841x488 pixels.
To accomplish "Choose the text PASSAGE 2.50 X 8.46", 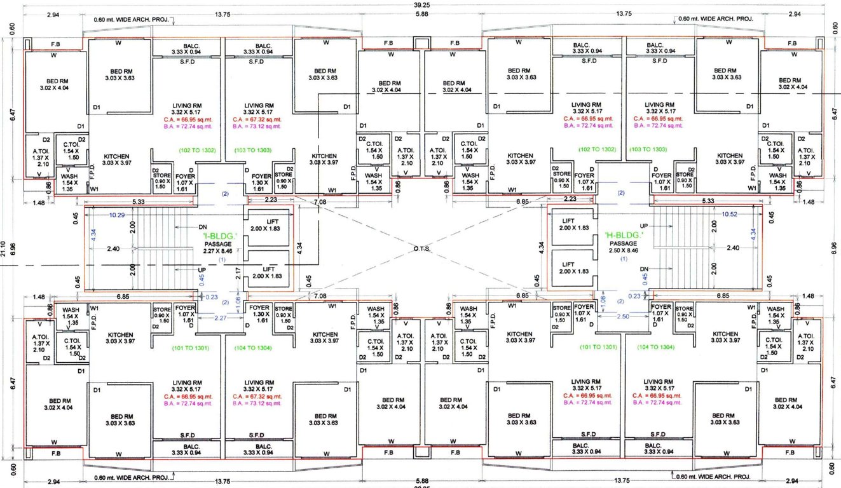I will pos(624,247).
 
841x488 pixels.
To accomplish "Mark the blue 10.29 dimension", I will pos(116,215).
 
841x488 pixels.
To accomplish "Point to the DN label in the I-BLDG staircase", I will pos(203,226).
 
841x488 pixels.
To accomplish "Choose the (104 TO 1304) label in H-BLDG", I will pos(656,348).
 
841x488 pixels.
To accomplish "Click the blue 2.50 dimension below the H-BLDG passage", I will pos(623,316).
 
